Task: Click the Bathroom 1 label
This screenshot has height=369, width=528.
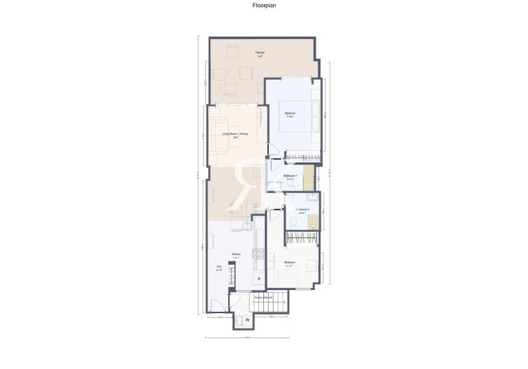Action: tap(290, 177)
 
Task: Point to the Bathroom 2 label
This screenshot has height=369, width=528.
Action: tap(302, 210)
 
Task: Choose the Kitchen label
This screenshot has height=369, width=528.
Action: tap(236, 255)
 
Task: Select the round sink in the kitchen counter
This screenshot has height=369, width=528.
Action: tap(259, 279)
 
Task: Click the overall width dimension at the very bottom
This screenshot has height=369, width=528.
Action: tap(247, 338)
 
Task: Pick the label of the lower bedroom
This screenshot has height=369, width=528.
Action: tap(289, 264)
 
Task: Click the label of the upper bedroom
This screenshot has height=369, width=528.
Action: tap(290, 115)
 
